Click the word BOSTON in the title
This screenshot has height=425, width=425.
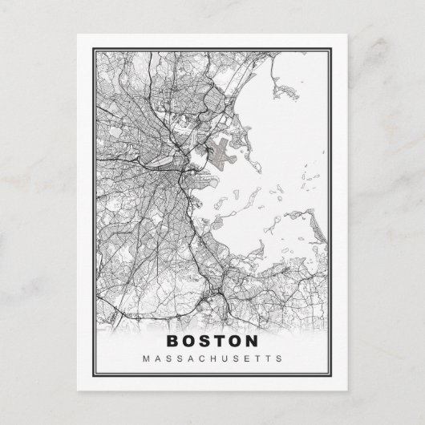212,341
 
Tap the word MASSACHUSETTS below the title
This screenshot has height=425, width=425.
212,358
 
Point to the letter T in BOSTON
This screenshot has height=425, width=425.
220,341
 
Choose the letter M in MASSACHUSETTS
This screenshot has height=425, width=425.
145,358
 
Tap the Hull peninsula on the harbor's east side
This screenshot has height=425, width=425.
309,217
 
